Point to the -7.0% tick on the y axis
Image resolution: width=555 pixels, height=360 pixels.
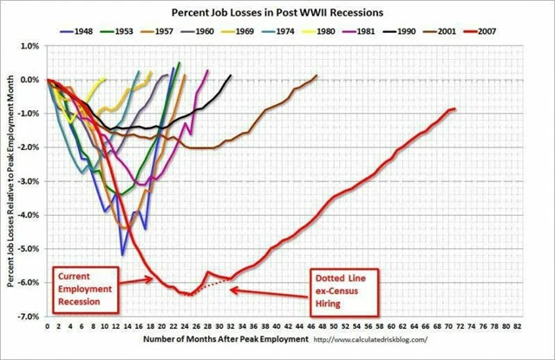[29, 317]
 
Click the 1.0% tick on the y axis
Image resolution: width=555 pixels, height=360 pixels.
[29, 45]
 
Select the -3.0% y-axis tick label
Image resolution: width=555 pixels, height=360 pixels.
[29, 181]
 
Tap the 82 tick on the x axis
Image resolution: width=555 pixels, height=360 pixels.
[518, 328]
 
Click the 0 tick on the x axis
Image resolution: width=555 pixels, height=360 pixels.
[47, 328]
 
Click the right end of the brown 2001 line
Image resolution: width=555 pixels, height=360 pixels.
[317, 75]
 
